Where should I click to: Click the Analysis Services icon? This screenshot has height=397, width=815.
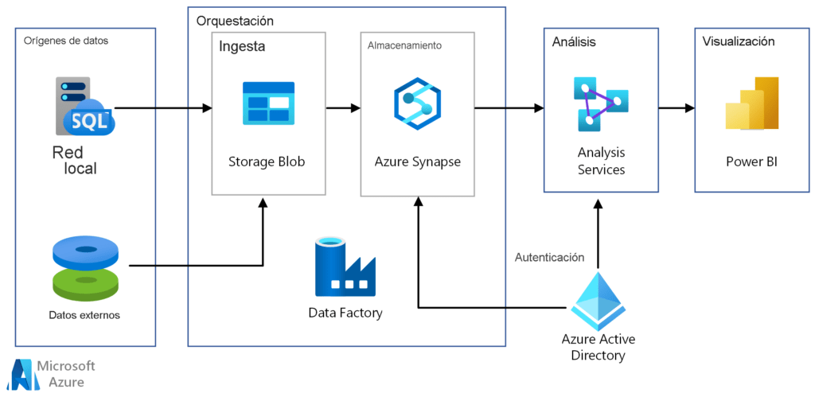coord(600,104)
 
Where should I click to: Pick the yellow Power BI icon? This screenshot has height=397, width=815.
coord(752,103)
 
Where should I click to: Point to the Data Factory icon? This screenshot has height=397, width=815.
coord(345,267)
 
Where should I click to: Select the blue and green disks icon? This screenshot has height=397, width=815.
coord(86,267)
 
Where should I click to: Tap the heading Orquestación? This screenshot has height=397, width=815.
coord(235,21)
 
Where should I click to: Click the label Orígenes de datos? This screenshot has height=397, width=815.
coord(66,41)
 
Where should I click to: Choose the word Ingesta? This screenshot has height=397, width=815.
coord(242,46)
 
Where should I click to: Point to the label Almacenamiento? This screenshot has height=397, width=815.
coord(404,45)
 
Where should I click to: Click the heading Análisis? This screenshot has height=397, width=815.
coord(574,41)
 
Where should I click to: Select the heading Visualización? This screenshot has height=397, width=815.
coord(738,41)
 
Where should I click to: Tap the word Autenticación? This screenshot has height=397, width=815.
coord(550,257)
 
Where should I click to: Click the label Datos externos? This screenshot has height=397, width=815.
coord(84,315)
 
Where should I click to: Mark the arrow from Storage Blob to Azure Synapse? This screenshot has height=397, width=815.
coord(343,108)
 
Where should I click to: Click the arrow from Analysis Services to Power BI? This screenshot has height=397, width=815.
coord(677,108)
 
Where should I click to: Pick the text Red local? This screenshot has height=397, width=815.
coord(75,161)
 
